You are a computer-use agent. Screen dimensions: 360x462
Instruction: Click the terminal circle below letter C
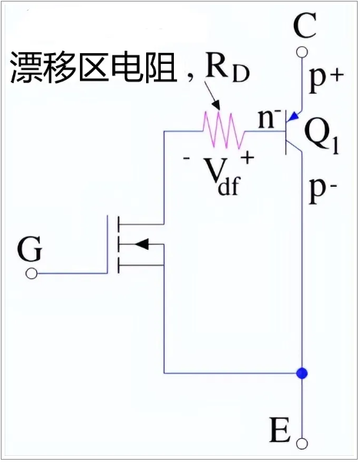tap(302, 52)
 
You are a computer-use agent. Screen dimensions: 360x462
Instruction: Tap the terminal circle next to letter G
tap(32, 274)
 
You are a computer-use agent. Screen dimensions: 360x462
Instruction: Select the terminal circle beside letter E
tap(302, 444)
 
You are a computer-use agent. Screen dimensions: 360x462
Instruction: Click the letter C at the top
tap(305, 25)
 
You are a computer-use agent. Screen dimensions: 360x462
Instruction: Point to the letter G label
tap(30, 249)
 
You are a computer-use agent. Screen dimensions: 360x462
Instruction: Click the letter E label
tap(280, 430)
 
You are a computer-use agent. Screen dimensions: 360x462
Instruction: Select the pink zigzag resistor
tap(224, 130)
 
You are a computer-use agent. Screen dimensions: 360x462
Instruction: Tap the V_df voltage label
tap(222, 177)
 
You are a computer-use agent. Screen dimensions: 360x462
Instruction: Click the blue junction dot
tap(302, 374)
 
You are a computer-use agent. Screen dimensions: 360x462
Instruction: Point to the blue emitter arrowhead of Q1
tap(294, 117)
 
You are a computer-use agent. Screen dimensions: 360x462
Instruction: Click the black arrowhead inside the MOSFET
tap(142, 244)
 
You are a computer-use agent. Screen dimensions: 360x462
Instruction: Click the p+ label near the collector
tap(326, 79)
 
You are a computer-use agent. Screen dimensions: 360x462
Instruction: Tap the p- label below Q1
tap(322, 190)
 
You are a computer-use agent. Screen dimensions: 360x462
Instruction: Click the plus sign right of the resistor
tap(248, 158)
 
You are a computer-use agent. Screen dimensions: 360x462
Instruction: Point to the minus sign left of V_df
tap(187, 158)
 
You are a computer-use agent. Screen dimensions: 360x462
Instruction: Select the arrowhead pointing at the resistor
tap(217, 106)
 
